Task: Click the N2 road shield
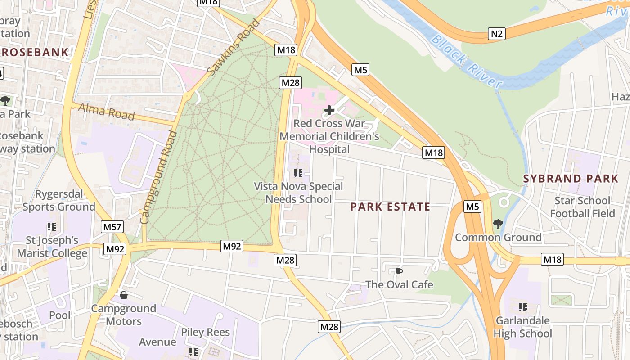point(497,33)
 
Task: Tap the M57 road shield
point(112,227)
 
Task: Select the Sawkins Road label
point(234,47)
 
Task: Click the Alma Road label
point(106,111)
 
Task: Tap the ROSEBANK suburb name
point(35,52)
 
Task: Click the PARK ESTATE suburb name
point(390,207)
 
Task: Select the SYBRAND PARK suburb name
point(571,179)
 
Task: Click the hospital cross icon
point(329,110)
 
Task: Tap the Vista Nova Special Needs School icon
point(298,173)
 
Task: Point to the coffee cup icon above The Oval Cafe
point(399,271)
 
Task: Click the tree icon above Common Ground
point(498,224)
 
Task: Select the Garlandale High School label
point(522,327)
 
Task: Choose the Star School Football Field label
point(582,207)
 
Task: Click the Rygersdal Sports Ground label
point(59,200)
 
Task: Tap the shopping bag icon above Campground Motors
point(124,295)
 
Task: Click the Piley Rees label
point(205,333)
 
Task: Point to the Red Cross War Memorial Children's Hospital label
point(329,136)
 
